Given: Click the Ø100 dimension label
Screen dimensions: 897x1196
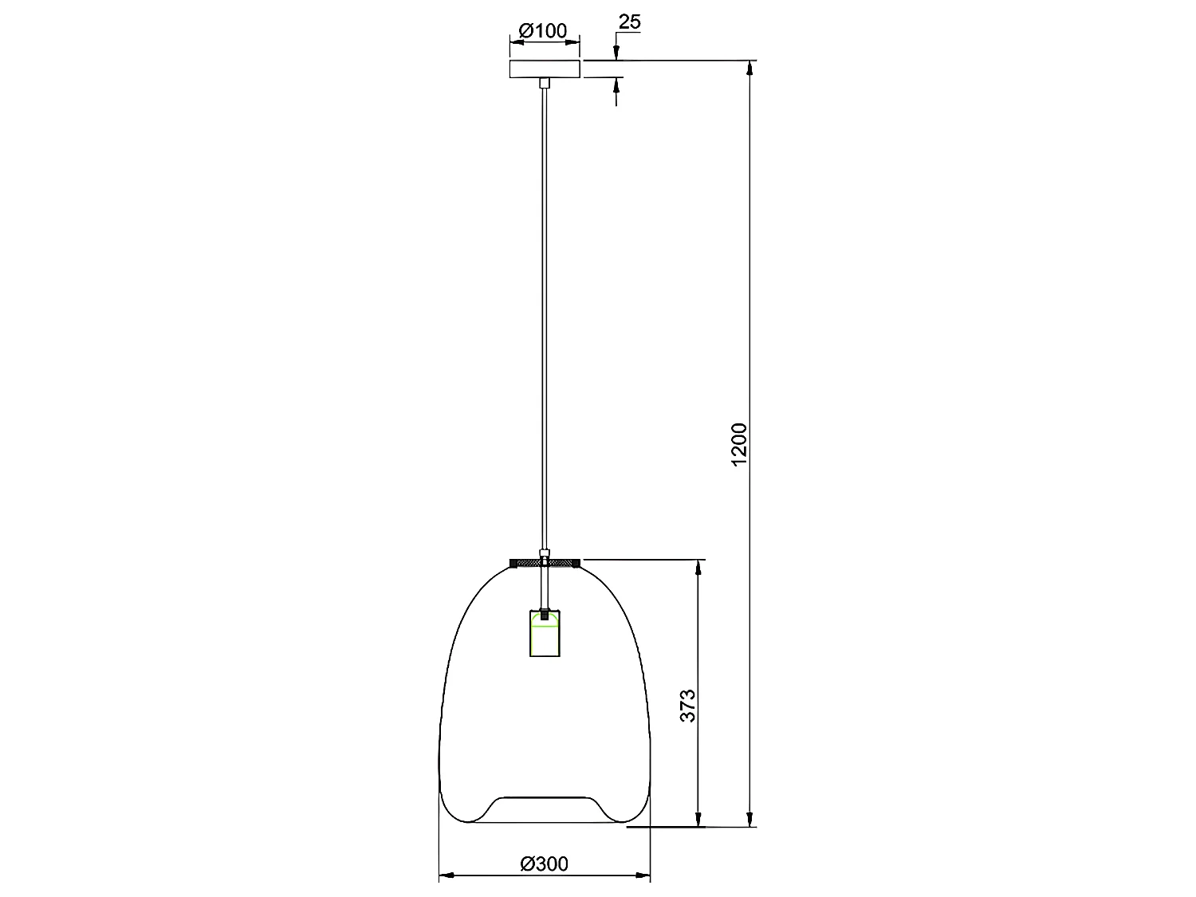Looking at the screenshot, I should [543, 31].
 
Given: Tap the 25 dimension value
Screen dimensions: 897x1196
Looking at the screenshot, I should [629, 22].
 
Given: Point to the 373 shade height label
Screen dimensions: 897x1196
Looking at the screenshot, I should [688, 705].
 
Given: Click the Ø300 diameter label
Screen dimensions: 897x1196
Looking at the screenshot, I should [544, 864].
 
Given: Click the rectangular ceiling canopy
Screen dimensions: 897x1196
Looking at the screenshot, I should [544, 69].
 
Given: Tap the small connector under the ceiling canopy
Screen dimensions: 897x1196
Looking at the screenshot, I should [544, 82].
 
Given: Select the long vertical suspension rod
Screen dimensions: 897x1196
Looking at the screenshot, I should [544, 319].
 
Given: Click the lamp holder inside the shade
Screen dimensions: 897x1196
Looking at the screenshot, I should [544, 634].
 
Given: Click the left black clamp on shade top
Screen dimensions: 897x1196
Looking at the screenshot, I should [514, 564].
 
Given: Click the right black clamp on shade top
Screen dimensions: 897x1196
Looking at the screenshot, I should [574, 564].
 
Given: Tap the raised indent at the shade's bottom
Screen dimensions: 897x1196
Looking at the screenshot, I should [544, 797].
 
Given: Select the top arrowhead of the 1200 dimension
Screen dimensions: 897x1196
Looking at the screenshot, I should [749, 68].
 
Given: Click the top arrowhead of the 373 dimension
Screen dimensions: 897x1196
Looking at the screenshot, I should [698, 567].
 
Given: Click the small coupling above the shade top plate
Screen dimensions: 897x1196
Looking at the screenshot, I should [544, 552].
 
